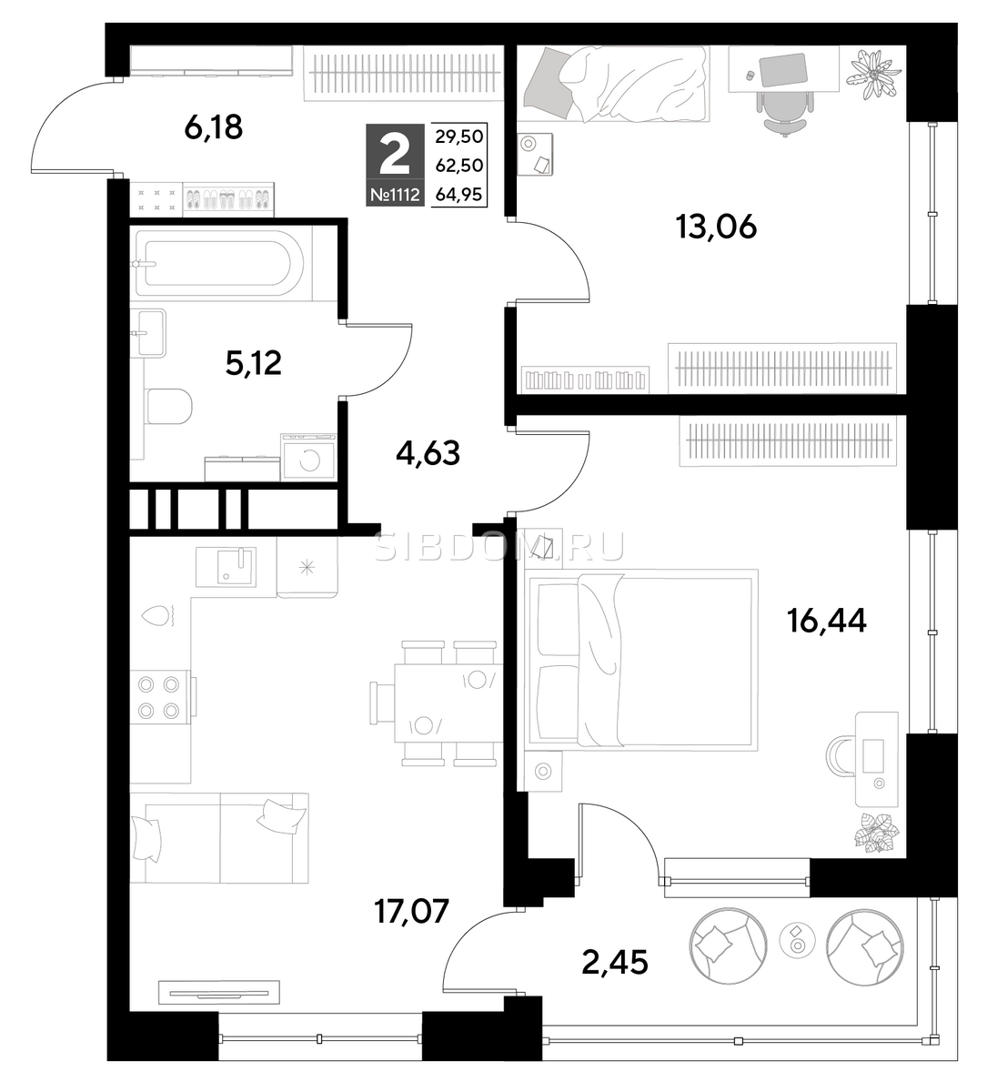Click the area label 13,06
[716, 227]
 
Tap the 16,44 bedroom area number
[827, 622]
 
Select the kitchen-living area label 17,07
[412, 911]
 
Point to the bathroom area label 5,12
[254, 363]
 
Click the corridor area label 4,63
[428, 453]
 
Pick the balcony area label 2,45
[615, 962]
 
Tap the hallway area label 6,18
[214, 127]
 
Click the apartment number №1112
[395, 195]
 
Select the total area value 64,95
[458, 195]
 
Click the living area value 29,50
[458, 136]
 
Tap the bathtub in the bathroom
[220, 264]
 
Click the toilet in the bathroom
[169, 406]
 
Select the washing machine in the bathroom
[308, 457]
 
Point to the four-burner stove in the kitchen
[160, 697]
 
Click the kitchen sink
[226, 567]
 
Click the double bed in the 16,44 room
[641, 661]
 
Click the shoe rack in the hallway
[228, 200]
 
